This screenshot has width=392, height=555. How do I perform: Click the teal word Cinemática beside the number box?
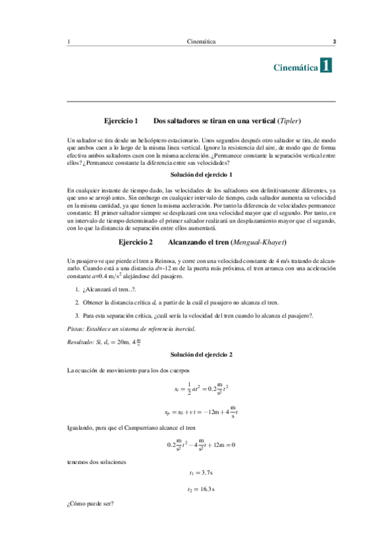(x=294, y=67)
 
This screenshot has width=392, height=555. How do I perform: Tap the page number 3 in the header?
(x=334, y=43)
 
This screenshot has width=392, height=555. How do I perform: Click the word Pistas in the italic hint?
(x=78, y=328)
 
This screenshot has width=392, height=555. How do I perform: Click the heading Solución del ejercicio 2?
(x=201, y=354)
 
